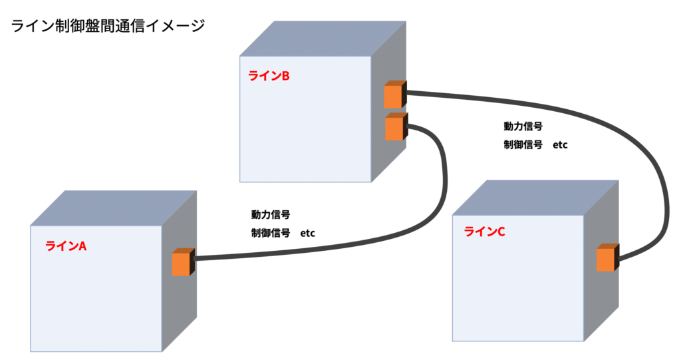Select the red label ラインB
point(269,76)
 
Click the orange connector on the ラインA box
point(182,263)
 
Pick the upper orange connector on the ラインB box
point(393,96)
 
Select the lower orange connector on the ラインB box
point(394,127)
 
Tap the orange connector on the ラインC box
point(605,258)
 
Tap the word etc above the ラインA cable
point(307,233)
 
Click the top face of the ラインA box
point(113,208)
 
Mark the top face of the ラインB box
point(323,39)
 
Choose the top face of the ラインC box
point(535,198)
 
